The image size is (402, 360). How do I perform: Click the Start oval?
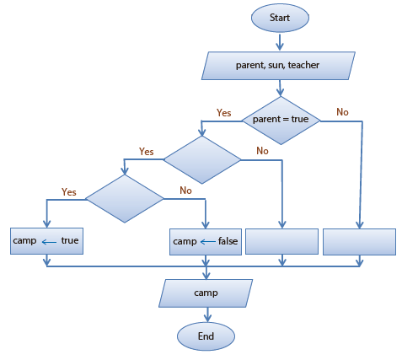[x=280, y=18]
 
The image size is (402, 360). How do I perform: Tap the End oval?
[x=206, y=336]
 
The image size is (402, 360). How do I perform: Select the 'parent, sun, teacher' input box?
[x=278, y=66]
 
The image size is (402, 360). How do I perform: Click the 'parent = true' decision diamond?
[x=281, y=121]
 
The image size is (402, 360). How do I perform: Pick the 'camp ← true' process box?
[x=46, y=241]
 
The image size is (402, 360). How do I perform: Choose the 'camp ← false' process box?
[x=206, y=242]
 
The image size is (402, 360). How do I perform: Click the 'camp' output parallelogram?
[x=206, y=293]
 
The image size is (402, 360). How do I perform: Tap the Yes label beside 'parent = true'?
[x=223, y=113]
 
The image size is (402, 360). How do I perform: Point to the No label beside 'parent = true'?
[x=342, y=112]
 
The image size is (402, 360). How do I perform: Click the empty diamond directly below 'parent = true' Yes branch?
[x=202, y=160]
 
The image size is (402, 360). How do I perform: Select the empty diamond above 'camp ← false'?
[x=125, y=199]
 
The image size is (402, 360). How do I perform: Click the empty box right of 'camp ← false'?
[x=281, y=242]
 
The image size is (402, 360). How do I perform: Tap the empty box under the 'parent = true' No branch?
[x=359, y=242]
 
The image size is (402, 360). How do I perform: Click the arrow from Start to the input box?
[x=280, y=42]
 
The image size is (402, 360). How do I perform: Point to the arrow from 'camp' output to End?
[x=207, y=314]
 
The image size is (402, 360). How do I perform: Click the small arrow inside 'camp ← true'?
[x=49, y=242]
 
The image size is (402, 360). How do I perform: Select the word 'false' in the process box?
[x=228, y=241]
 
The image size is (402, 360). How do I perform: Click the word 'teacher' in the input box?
[x=303, y=65]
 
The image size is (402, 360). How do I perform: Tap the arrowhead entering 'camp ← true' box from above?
[x=47, y=223]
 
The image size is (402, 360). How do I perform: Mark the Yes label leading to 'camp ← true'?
[x=69, y=192]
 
